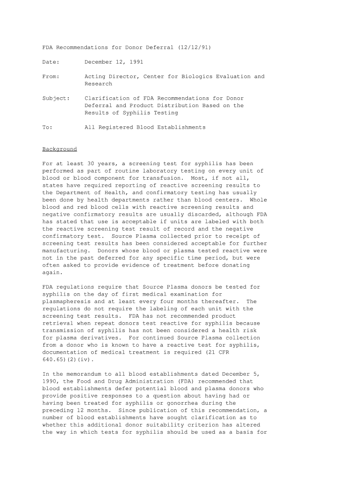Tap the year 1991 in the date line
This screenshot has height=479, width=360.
[x=136, y=62]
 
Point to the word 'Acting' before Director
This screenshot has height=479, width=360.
[x=95, y=76]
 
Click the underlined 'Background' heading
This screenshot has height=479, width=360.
[x=60, y=149]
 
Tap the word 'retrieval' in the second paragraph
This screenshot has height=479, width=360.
[x=58, y=324]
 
